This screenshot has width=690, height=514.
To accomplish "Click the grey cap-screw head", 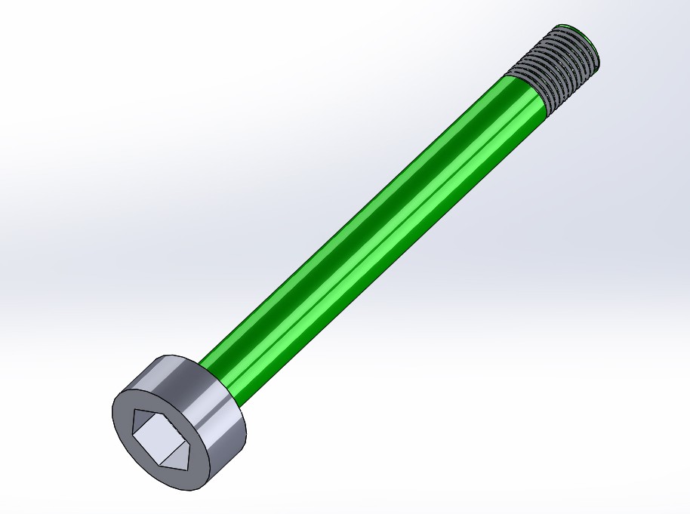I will click(181, 423).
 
